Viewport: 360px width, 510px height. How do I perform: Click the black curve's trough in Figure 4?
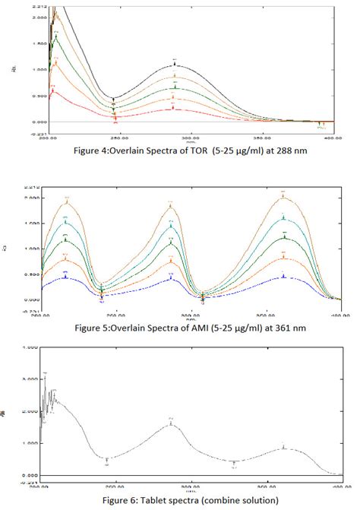pos(114,98)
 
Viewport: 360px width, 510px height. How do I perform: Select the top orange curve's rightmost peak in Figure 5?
pos(283,196)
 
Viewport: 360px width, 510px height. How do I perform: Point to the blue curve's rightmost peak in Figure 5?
pos(283,276)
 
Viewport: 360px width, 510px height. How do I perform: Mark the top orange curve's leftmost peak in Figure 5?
pos(66,201)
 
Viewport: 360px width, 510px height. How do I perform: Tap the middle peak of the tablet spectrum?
pos(170,423)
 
